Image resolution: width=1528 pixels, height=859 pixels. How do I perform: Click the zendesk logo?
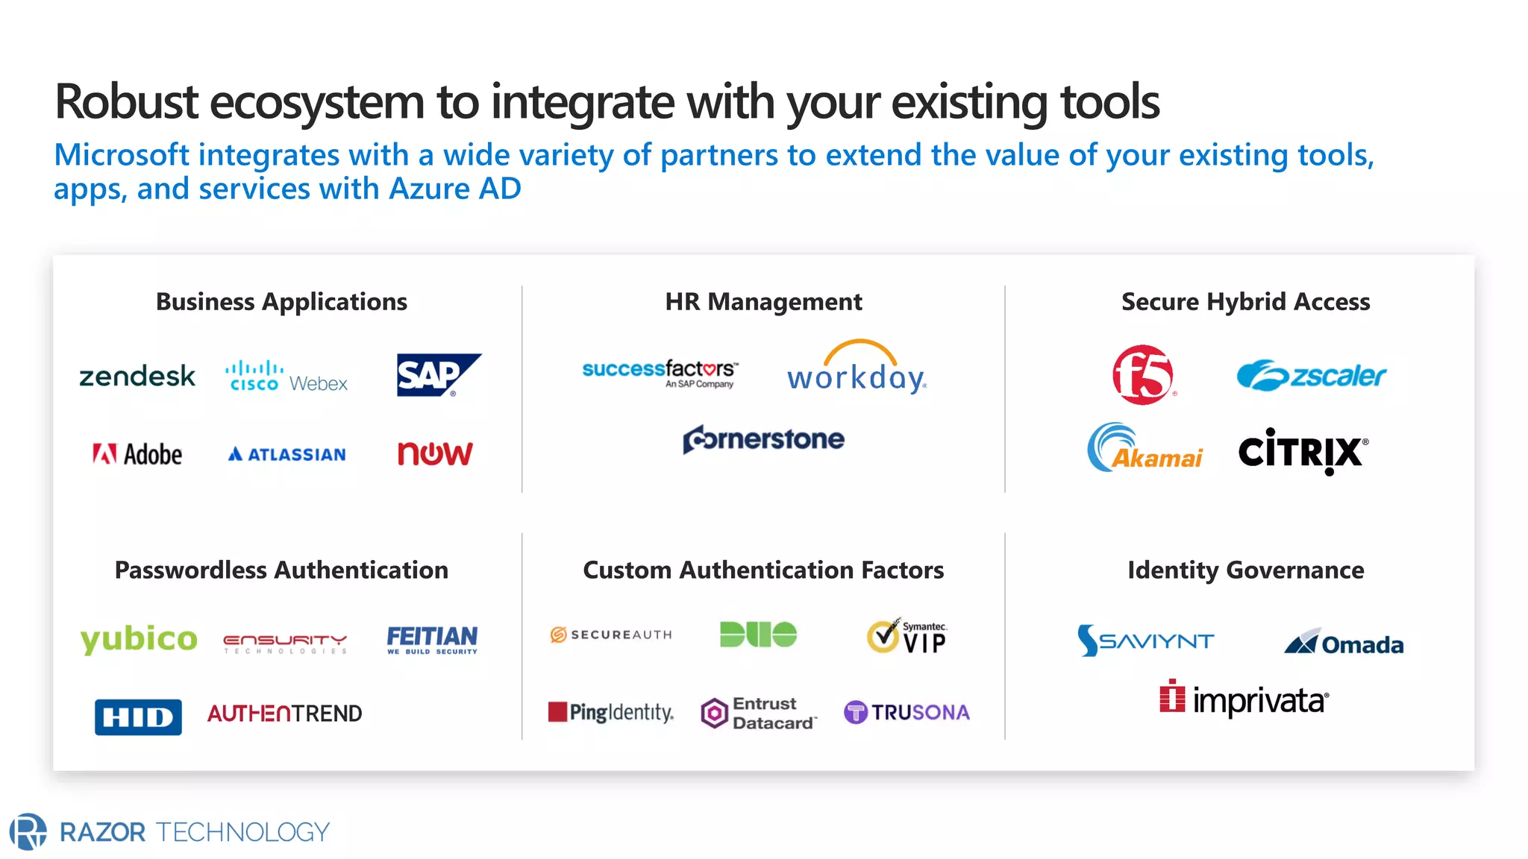coord(137,377)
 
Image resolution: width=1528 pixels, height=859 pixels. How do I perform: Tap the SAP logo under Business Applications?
coord(438,374)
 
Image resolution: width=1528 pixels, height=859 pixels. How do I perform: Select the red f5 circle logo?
coord(1142,375)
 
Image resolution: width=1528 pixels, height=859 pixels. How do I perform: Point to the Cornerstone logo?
coord(763,439)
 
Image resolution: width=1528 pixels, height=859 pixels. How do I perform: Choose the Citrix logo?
coord(1303,451)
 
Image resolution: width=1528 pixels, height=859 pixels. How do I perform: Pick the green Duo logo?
coord(758,635)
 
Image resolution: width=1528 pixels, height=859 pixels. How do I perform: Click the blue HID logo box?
coord(138,717)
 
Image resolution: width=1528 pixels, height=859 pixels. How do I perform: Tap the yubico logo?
coord(139,639)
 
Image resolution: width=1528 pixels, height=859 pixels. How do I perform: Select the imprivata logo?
coord(1244,699)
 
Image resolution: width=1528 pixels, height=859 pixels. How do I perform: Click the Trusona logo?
coord(907,712)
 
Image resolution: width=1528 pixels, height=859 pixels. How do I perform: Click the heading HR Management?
coord(763,302)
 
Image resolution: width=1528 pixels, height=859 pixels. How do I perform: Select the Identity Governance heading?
coord(1245,570)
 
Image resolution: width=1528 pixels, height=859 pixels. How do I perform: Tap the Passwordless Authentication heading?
coord(281,570)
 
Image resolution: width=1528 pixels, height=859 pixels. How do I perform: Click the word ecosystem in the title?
coord(317,102)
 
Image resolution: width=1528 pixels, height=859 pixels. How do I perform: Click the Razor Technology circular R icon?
coord(28,831)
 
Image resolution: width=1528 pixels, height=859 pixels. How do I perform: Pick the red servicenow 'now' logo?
coord(435,453)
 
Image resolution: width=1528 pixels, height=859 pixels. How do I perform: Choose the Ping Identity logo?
coord(611,712)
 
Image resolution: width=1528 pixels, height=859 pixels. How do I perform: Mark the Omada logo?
coord(1344,643)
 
